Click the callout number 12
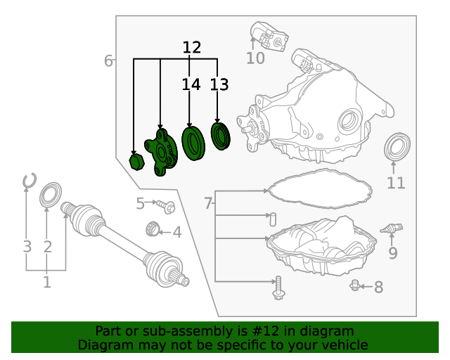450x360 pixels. (191, 48)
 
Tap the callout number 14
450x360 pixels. (191, 85)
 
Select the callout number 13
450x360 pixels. (219, 85)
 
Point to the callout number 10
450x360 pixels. (255, 58)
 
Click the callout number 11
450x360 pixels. (396, 184)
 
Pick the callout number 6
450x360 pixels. (108, 61)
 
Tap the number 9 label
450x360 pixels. (392, 253)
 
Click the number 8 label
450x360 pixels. (378, 287)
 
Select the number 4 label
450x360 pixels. (177, 232)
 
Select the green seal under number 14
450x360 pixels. (192, 141)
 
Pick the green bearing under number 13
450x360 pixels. (221, 136)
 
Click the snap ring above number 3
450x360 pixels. (28, 181)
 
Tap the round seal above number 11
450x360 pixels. (398, 148)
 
